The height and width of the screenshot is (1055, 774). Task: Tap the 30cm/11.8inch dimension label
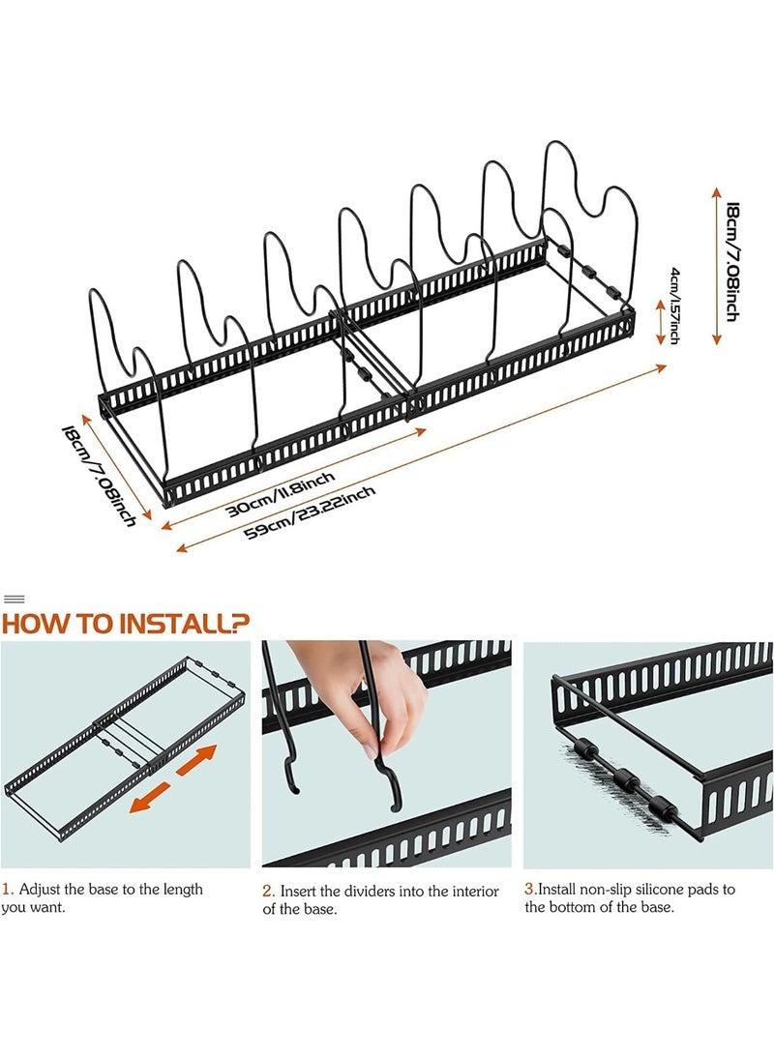click(280, 494)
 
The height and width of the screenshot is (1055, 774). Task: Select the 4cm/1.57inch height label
click(674, 306)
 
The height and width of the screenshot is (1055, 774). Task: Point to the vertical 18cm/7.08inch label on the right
click(731, 262)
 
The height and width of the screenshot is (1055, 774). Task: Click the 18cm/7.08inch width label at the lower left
click(100, 475)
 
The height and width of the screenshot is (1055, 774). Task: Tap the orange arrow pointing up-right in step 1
click(196, 760)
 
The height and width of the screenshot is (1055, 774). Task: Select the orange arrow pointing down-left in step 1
click(152, 797)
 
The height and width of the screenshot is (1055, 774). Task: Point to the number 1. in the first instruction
click(8, 889)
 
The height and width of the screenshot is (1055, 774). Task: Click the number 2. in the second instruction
click(269, 891)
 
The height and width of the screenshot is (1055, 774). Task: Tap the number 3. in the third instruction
click(530, 889)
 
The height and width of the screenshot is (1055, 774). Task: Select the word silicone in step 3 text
click(663, 889)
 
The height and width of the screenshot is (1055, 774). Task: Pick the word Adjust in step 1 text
click(41, 890)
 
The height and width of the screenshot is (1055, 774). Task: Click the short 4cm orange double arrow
click(662, 322)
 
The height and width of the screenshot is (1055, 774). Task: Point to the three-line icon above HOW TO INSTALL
click(15, 599)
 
